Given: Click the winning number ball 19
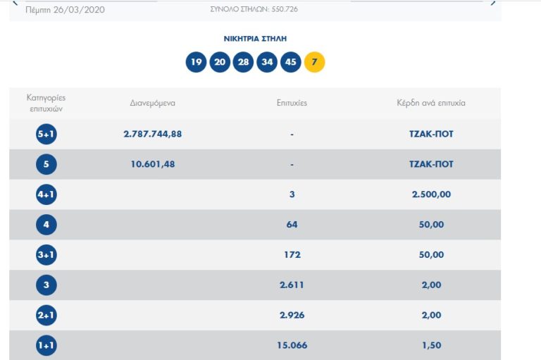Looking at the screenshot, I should coord(196,62).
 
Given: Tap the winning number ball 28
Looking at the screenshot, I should coord(243,62).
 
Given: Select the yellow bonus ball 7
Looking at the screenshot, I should coord(314,62).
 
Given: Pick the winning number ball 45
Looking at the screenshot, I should coord(290,62).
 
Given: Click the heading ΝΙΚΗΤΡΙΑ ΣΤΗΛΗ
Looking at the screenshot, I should coord(255,39).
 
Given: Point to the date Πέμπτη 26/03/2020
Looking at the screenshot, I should coord(65,11).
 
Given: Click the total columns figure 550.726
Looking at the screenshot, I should coord(282,10).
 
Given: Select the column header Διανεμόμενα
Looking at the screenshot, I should coord(152,103).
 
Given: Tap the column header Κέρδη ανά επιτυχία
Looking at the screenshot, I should coord(431,103).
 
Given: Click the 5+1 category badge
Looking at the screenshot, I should coord(46,134).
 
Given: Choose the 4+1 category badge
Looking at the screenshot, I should coord(46,194).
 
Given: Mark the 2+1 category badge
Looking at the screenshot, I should coord(46,316).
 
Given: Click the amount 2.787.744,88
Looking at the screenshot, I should coord(152,134).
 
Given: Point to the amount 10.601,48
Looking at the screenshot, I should coord(152,164).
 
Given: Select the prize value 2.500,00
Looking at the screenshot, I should coord(431,194).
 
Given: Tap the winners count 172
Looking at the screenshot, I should coord(292,254).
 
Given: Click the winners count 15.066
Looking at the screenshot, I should coord(292,345).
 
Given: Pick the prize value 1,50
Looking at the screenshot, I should coord(431,345).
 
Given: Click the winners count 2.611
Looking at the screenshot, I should coord(292,285).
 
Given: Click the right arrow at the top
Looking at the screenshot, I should coord(492,4).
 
